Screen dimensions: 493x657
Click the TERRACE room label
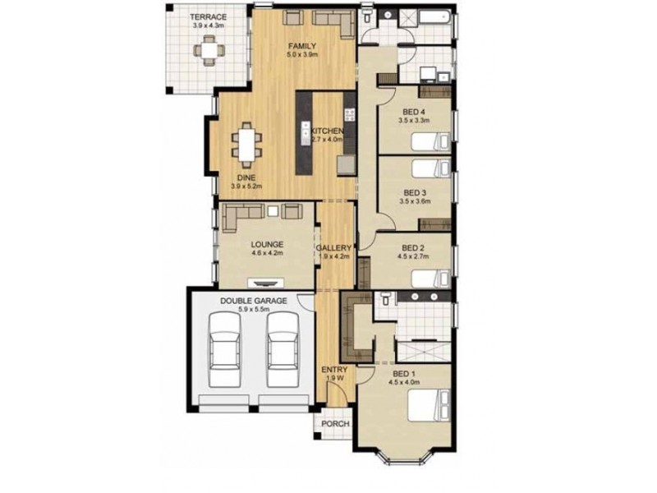pyautogui.click(x=208, y=16)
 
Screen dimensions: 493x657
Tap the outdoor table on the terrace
pyautogui.click(x=209, y=52)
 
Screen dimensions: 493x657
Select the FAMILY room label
pyautogui.click(x=302, y=45)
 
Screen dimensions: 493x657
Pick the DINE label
pyautogui.click(x=246, y=177)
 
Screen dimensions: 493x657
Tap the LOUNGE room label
pyautogui.click(x=268, y=244)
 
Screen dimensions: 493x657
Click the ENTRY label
pyautogui.click(x=334, y=370)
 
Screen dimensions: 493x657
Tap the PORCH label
pyautogui.click(x=334, y=424)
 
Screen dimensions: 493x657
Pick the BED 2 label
pyautogui.click(x=412, y=247)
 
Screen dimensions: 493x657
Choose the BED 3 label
pyautogui.click(x=413, y=191)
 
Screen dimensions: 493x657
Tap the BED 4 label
pyautogui.click(x=413, y=112)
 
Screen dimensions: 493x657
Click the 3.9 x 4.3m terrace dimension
pyautogui.click(x=208, y=25)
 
